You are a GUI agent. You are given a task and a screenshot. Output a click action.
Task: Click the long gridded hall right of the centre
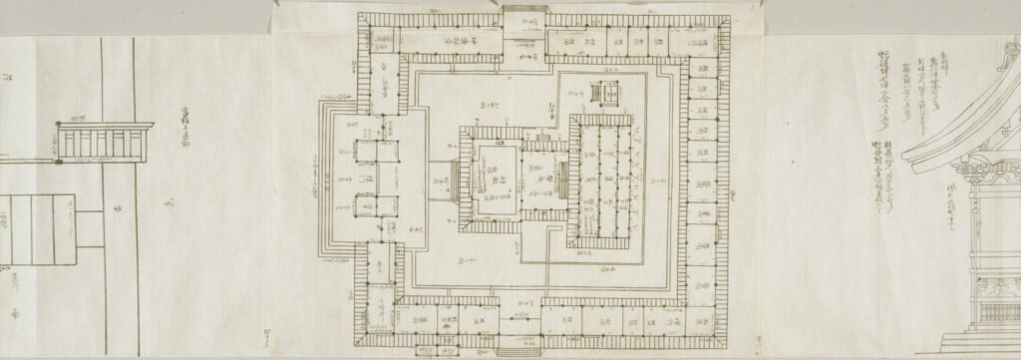601,180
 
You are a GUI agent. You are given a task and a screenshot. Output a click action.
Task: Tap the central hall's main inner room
496,180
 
